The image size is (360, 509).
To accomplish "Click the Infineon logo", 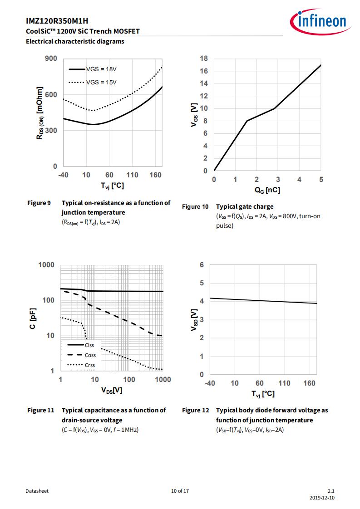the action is coord(320,22).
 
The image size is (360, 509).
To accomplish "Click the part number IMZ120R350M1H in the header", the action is coord(57,21).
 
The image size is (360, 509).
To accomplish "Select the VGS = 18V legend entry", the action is coord(93,69).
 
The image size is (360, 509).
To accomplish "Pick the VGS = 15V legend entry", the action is coord(93,82).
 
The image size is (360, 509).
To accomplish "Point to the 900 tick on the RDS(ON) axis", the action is coord(51,59).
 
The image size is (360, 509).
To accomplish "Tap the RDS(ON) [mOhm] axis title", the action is coord(39,113).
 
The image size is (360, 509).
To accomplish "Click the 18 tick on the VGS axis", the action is coord(203,59).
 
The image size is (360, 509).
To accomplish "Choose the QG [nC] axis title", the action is coord(267,190).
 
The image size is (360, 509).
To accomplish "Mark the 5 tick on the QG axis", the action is coord(321,180).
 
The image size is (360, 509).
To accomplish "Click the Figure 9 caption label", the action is coord(39,203).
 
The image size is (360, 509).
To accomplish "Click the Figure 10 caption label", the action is coord(195,206).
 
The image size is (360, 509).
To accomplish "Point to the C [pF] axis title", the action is coord(33,318).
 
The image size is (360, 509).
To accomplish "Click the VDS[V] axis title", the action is coord(111,390).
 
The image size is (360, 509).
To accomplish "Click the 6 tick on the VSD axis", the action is coord(202,265).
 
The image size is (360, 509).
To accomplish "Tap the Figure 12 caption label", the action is coord(195,410).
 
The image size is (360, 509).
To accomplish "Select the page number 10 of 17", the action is coord(180,491).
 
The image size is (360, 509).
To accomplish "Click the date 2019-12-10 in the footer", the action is coord(322,498).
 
